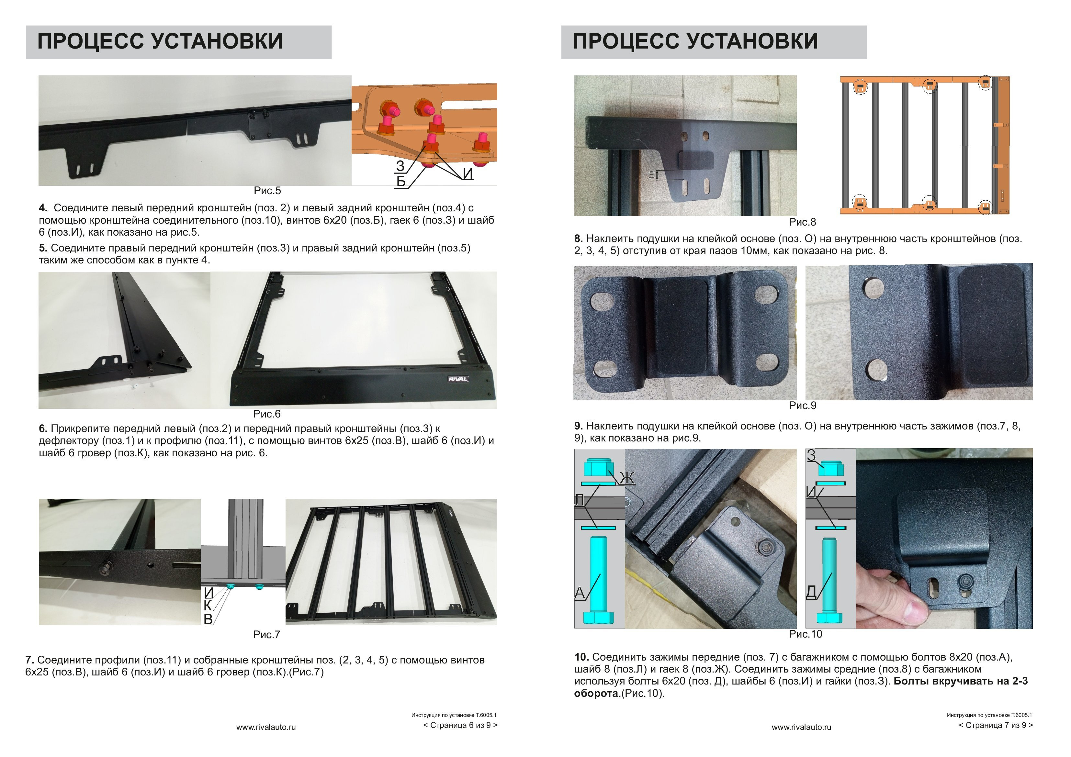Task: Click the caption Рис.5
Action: click(x=267, y=191)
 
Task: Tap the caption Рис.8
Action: click(x=802, y=222)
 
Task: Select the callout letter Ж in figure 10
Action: click(x=627, y=478)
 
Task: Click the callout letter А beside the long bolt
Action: click(x=580, y=593)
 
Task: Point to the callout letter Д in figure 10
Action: click(x=811, y=592)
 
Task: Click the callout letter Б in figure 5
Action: click(x=400, y=181)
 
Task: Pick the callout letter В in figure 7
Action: click(x=209, y=619)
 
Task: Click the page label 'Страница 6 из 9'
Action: click(x=460, y=725)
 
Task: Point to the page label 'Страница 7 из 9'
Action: click(x=996, y=725)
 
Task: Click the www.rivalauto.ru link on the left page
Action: click(x=266, y=727)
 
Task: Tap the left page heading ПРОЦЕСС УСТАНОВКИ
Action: click(x=160, y=41)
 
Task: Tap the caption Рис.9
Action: click(x=802, y=406)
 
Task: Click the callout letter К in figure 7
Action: click(x=208, y=606)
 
